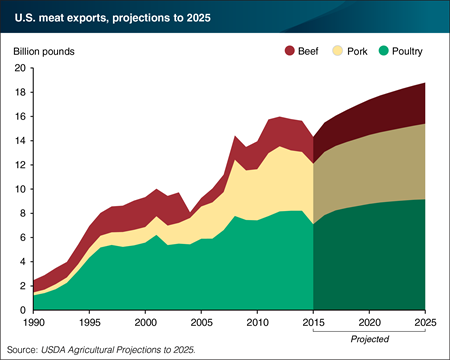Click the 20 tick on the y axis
[19, 69]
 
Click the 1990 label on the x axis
[33, 324]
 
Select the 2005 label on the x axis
[201, 324]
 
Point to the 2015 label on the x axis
[314, 324]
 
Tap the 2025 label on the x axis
[425, 324]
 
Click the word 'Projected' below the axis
[370, 340]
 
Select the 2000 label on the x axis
[145, 324]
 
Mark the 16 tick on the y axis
[19, 117]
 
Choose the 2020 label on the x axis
[370, 324]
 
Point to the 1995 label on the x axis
[89, 324]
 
